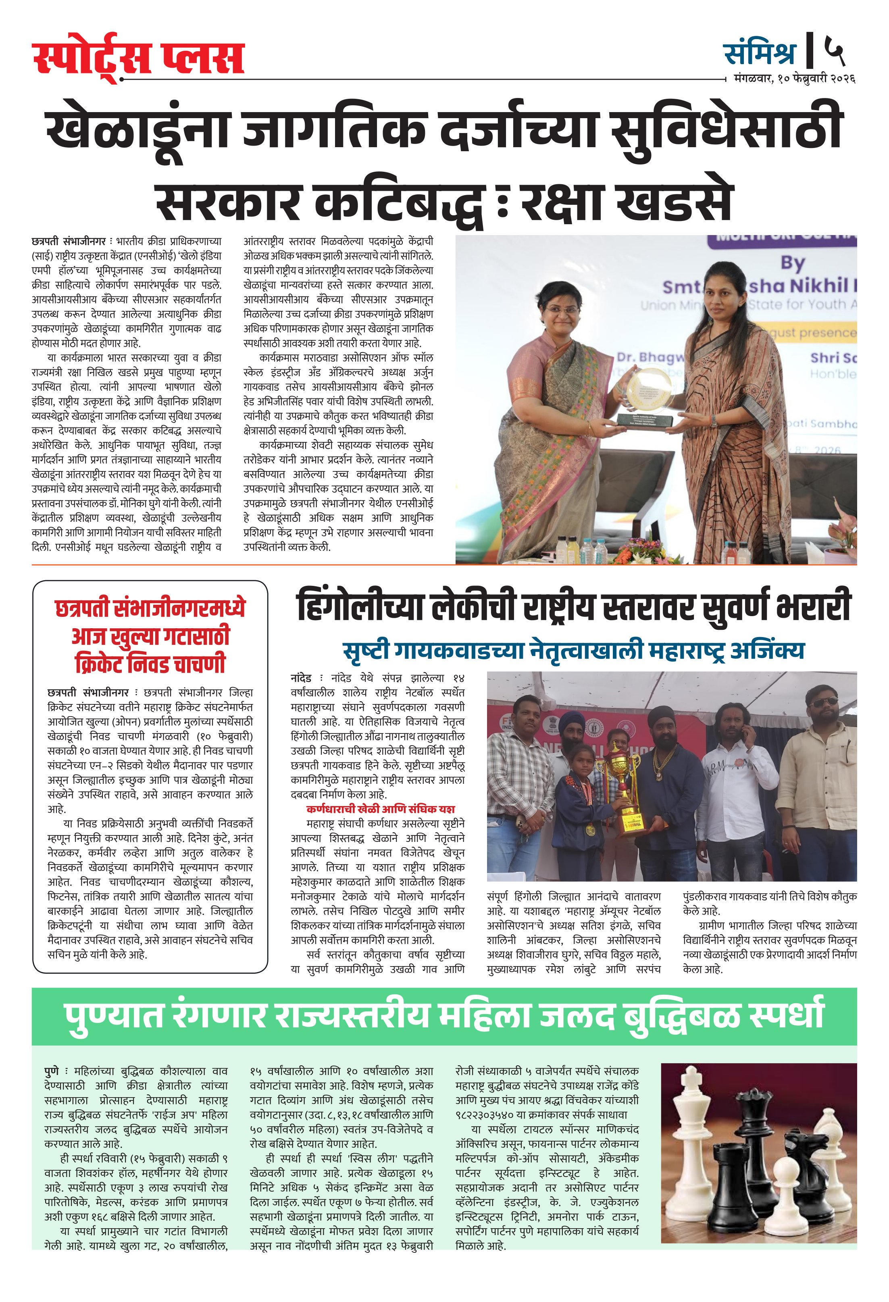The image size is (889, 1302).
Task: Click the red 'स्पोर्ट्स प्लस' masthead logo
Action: (138, 58)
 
